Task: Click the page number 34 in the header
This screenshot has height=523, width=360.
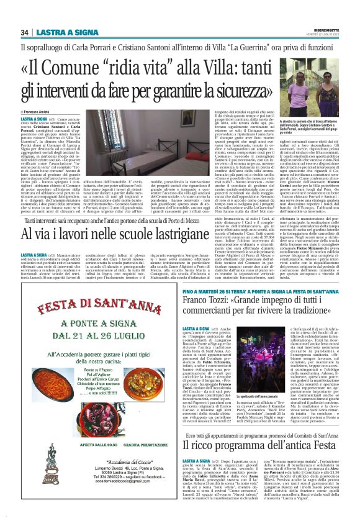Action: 25,32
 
